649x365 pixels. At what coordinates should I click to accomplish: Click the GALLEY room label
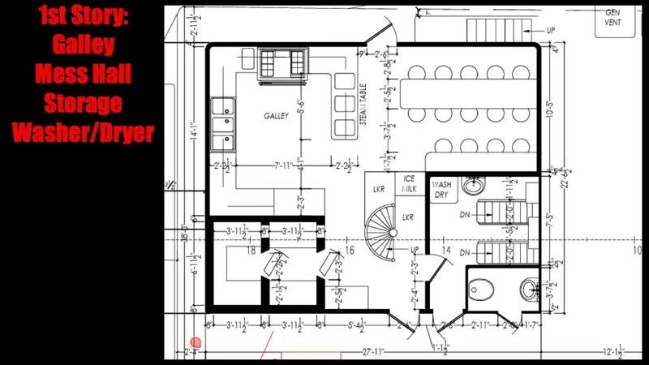click(276, 116)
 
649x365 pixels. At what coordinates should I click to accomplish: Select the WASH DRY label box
click(441, 190)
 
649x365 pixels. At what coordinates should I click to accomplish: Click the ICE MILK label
click(410, 184)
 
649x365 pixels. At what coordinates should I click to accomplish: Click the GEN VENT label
click(612, 18)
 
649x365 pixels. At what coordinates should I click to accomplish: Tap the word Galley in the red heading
click(82, 44)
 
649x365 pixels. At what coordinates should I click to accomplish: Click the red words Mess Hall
click(82, 74)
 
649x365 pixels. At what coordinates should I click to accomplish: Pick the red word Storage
click(82, 102)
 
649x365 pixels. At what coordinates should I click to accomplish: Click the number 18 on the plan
click(251, 251)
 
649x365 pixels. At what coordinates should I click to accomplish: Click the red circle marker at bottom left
click(196, 343)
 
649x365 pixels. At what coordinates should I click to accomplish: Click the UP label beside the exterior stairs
click(551, 31)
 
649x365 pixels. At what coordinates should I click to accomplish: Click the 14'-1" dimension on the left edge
click(192, 130)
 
